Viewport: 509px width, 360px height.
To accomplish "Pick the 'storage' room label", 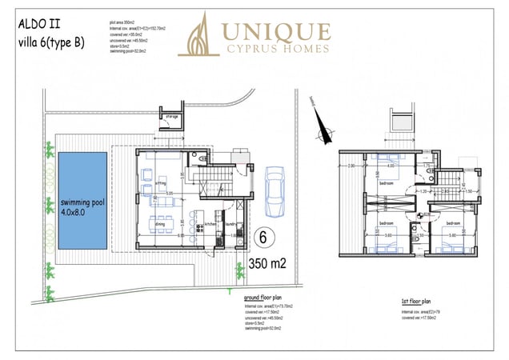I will tap(171, 117).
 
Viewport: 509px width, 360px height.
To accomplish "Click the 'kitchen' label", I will tap(210, 224).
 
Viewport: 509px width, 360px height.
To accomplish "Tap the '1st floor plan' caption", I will tap(417, 302).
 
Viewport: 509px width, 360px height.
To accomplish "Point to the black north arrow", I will tap(322, 126).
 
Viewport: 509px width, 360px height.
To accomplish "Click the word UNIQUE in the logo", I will tap(275, 31).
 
